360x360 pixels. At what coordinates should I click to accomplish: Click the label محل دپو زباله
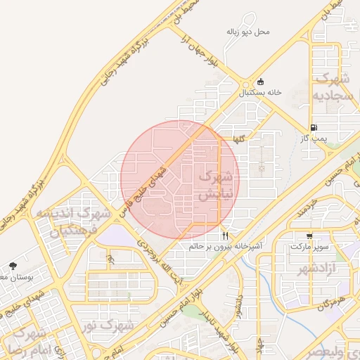[248, 32]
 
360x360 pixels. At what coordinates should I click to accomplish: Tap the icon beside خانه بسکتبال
[261, 82]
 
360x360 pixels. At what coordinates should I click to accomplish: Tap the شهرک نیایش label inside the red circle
[215, 186]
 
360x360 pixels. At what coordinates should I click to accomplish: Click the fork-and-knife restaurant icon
[225, 236]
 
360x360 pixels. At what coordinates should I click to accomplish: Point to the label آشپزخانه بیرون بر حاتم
[224, 247]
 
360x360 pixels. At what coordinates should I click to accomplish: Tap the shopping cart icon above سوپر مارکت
[309, 236]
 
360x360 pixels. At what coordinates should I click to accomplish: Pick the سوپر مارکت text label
[309, 247]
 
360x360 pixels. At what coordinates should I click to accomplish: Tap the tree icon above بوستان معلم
[13, 266]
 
